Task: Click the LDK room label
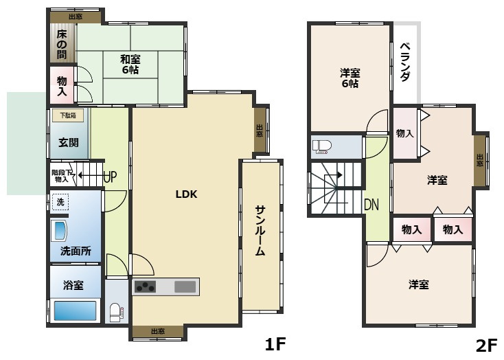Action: pyautogui.click(x=186, y=194)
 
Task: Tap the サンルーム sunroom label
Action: pyautogui.click(x=260, y=231)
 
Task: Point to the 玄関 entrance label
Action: pyautogui.click(x=69, y=143)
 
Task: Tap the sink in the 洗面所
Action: pyautogui.click(x=60, y=230)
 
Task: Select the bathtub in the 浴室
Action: pyautogui.click(x=75, y=311)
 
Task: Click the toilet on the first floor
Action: pyautogui.click(x=115, y=312)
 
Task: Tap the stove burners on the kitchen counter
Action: pyautogui.click(x=145, y=287)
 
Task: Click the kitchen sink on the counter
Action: pyautogui.click(x=185, y=286)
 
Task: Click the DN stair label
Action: pyautogui.click(x=371, y=204)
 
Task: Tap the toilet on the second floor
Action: pyautogui.click(x=321, y=146)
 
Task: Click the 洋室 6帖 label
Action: pyautogui.click(x=350, y=78)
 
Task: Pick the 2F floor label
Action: pyautogui.click(x=485, y=345)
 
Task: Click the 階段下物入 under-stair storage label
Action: pyautogui.click(x=60, y=176)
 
